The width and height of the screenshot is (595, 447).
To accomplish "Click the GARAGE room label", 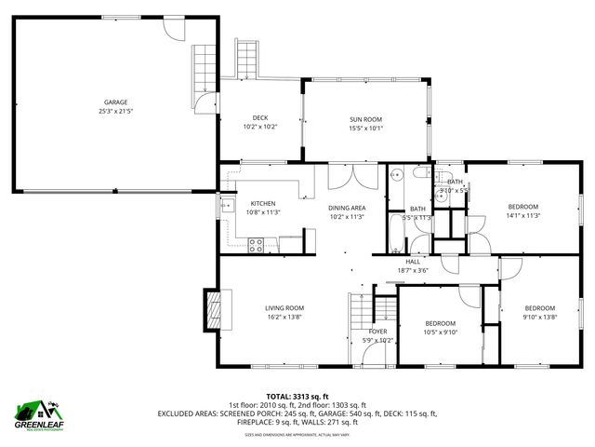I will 115,102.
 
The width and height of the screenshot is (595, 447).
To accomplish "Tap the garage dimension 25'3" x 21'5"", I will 115,111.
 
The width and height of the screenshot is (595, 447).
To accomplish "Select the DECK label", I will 260,117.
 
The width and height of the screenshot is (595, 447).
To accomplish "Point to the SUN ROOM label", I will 365,119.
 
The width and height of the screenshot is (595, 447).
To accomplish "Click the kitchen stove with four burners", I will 256,245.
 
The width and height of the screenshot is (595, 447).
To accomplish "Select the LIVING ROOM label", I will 284,308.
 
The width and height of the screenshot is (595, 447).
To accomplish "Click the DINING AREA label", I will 347,208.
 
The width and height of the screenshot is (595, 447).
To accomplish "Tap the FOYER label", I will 377,332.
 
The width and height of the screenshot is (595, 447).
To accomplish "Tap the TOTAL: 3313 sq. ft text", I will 297,396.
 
